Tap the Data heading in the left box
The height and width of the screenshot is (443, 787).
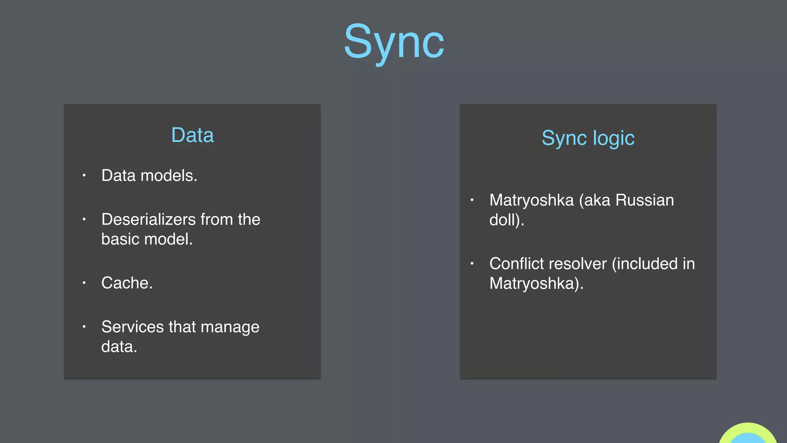(x=192, y=135)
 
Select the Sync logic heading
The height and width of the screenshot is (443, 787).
(x=588, y=138)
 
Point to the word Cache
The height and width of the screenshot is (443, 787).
(x=126, y=283)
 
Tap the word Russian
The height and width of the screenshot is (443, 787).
(x=644, y=200)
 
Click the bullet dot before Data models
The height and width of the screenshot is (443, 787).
(x=84, y=176)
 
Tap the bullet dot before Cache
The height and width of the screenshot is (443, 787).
(x=84, y=283)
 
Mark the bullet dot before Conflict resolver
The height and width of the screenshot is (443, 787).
(x=472, y=263)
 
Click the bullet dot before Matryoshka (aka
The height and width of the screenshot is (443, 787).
(x=472, y=200)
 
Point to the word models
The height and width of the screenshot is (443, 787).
(x=169, y=176)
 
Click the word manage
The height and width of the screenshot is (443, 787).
(x=230, y=327)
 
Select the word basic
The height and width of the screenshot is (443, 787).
(x=120, y=239)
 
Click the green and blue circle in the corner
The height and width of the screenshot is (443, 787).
(x=747, y=435)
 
